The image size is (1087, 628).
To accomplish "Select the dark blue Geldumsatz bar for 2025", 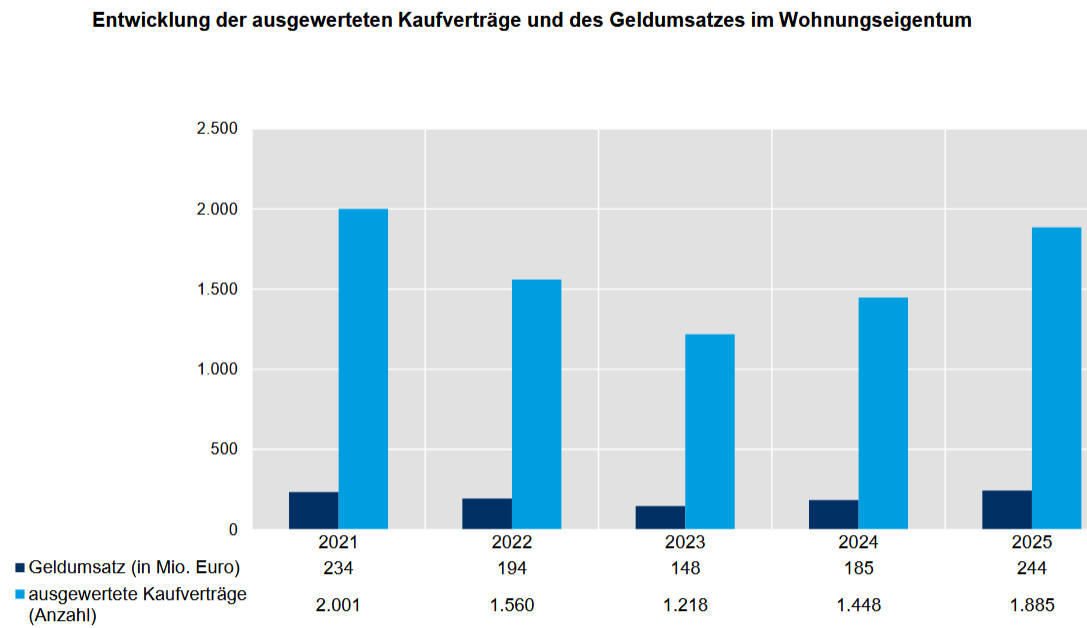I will point(1007,509).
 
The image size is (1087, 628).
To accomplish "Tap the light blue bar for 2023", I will point(710,431).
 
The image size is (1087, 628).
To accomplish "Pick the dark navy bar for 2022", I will point(487,513).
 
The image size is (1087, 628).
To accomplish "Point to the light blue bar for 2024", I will point(883,413).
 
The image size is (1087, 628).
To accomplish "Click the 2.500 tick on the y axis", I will point(216,129).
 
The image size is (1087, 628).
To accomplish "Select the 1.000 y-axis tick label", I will point(216,369).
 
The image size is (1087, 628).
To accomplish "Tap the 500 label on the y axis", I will point(224,449).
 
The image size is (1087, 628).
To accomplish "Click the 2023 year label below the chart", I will point(685,543).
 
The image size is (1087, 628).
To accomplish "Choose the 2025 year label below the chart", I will point(1031,543).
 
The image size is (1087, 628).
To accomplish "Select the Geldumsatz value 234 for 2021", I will point(339,568).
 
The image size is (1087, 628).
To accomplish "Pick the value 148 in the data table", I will point(685,568).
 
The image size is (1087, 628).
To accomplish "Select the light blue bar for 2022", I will point(536,404).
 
